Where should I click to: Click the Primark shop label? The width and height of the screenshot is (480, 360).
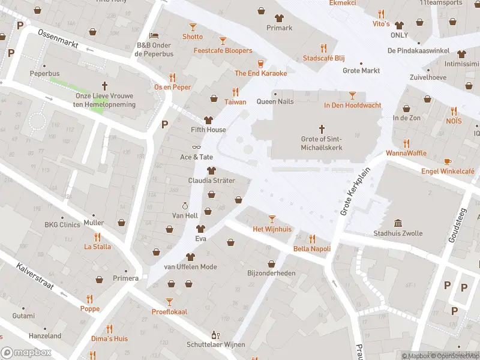[x=279, y=28]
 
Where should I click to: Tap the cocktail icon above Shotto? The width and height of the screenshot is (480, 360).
[x=193, y=27]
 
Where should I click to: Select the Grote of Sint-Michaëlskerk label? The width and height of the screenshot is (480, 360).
[x=322, y=143]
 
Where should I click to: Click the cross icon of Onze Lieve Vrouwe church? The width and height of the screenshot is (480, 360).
[x=104, y=86]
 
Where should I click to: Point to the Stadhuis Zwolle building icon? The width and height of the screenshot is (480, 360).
[x=398, y=223]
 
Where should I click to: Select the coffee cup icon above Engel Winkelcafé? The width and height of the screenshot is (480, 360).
[x=448, y=161]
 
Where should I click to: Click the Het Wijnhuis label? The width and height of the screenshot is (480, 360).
[x=272, y=229]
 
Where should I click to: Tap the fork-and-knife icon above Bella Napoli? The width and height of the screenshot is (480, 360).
[x=311, y=239]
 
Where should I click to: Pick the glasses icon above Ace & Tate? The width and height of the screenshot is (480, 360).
[x=196, y=147]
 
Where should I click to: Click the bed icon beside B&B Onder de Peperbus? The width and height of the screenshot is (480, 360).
[x=153, y=35]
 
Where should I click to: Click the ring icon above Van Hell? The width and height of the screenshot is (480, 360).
[x=185, y=206]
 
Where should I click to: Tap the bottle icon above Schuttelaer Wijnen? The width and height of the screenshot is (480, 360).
[x=214, y=335]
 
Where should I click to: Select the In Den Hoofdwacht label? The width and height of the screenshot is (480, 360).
[x=352, y=106]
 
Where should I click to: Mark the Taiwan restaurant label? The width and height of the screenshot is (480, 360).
[x=235, y=101]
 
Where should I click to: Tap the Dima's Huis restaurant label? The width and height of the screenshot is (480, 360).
[x=109, y=338]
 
